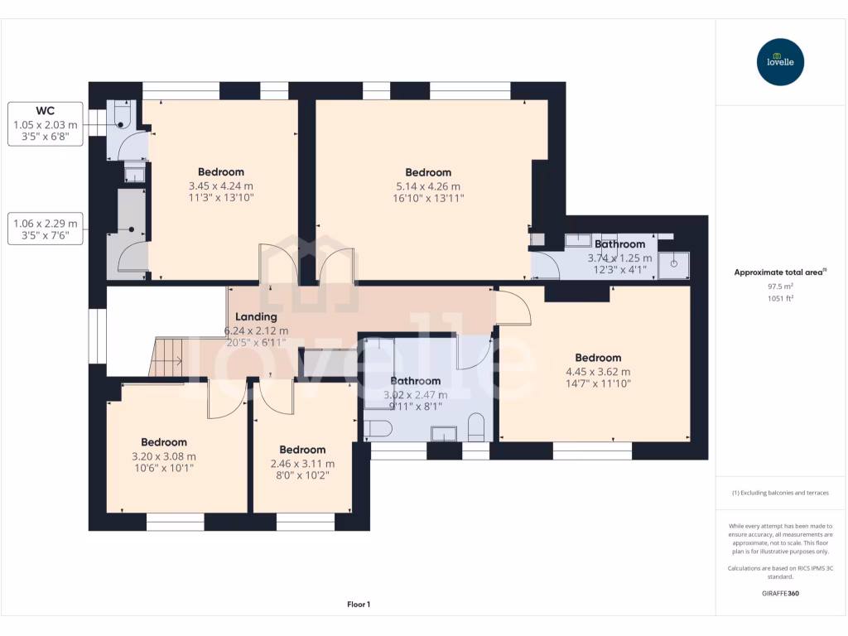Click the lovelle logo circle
click(x=781, y=62)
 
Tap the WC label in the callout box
click(x=45, y=110)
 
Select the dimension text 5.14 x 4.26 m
click(x=428, y=186)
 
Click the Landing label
click(x=256, y=316)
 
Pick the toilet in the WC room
click(x=122, y=116)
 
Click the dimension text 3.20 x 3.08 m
click(x=164, y=455)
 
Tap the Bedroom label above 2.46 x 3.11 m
click(x=302, y=450)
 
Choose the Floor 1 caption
click(x=358, y=605)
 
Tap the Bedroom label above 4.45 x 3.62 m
click(x=598, y=358)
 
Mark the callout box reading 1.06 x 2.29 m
click(x=46, y=229)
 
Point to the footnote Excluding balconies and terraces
click(x=779, y=493)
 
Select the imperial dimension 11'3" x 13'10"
click(x=221, y=199)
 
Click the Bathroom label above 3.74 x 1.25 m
click(x=619, y=244)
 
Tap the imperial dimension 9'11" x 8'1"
click(x=416, y=407)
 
